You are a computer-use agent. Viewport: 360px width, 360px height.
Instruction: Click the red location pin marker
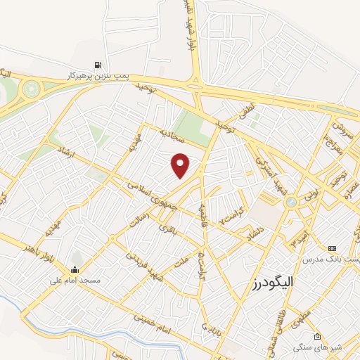[x=181, y=165]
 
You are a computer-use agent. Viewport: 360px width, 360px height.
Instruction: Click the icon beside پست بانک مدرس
[x=333, y=248]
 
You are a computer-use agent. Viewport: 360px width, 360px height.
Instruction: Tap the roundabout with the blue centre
[x=291, y=202]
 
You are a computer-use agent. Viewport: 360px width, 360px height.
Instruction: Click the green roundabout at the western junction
[x=31, y=89]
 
